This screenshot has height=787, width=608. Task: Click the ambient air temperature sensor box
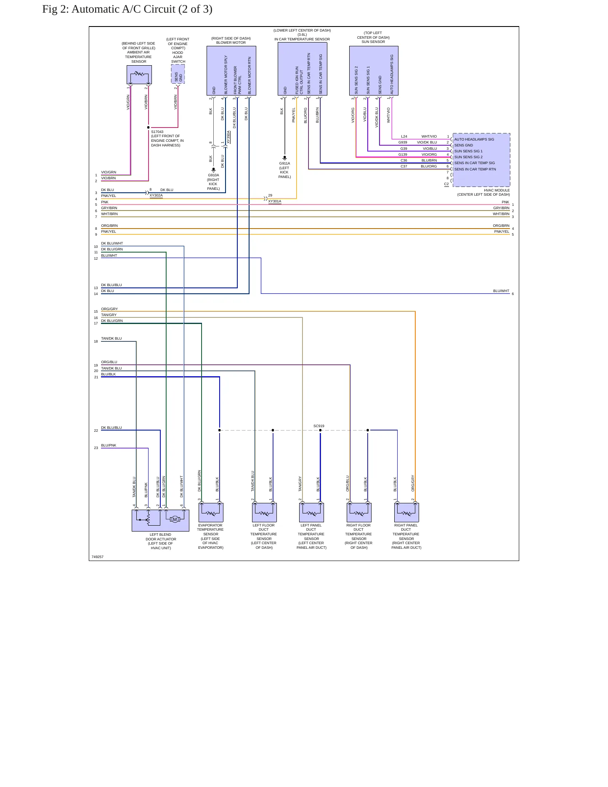click(139, 75)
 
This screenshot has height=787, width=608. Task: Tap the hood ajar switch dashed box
click(178, 74)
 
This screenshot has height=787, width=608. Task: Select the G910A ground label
click(213, 175)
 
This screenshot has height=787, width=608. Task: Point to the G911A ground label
click(284, 163)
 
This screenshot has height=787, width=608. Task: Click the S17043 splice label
click(157, 132)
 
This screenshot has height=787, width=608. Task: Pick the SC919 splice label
click(319, 426)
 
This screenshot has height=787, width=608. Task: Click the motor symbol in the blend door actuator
click(175, 519)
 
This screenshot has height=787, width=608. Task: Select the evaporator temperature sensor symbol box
click(211, 513)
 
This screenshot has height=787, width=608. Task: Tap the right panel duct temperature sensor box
click(406, 513)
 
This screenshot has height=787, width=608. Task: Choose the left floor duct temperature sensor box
click(264, 513)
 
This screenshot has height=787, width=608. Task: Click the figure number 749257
click(98, 557)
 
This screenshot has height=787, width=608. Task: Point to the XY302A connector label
click(156, 196)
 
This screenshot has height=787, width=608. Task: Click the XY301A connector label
click(275, 202)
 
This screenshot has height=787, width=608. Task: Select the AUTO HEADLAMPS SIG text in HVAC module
click(474, 139)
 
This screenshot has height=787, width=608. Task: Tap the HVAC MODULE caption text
click(496, 190)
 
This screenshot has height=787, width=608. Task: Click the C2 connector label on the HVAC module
click(446, 184)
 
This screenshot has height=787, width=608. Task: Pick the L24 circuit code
click(404, 136)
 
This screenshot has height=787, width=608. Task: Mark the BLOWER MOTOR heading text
click(231, 43)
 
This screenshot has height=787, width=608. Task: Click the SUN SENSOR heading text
click(373, 42)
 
